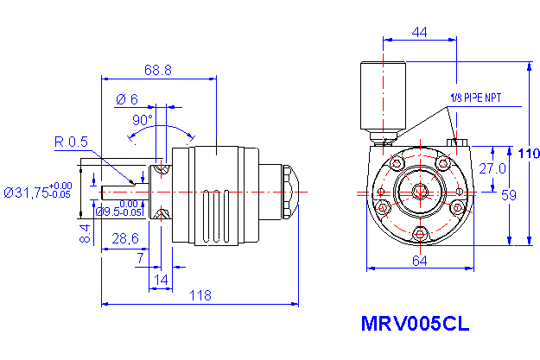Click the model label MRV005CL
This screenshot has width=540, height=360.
coord(415,325)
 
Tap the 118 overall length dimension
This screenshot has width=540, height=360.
coord(200,295)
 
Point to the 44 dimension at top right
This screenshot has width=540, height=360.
coord(419,32)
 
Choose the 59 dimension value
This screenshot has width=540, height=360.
coord(509,195)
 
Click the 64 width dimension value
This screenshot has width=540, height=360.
coord(420,260)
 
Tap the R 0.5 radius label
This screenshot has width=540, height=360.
coord(72,142)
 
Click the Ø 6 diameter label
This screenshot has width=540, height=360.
coord(127,99)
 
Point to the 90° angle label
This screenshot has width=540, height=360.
coord(142,119)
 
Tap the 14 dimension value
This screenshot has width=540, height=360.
coord(161,278)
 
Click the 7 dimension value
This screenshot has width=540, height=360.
coord(140,258)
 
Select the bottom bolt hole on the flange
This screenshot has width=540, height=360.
coord(420,233)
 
